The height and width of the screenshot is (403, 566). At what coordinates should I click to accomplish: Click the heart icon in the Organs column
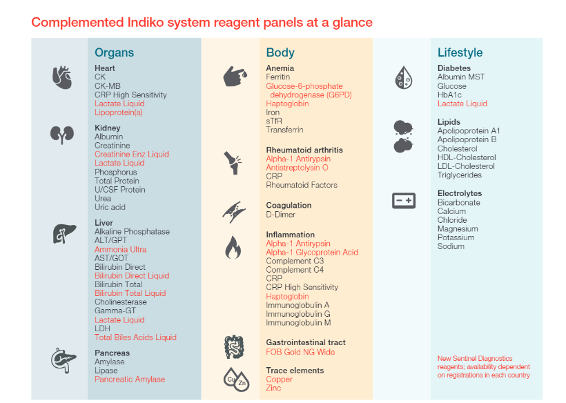(x=62, y=77)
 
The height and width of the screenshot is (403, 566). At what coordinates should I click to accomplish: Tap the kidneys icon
(x=62, y=134)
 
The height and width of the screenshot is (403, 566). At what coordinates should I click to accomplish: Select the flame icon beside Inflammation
(x=233, y=247)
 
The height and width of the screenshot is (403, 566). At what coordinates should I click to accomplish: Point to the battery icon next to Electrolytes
(x=403, y=201)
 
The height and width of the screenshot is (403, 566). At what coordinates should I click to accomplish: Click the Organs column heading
(x=114, y=52)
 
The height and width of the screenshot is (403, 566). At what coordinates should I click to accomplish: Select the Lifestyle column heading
(x=460, y=52)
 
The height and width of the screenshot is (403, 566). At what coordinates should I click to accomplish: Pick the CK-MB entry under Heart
(x=108, y=86)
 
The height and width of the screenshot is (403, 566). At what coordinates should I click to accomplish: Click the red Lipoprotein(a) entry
(x=119, y=112)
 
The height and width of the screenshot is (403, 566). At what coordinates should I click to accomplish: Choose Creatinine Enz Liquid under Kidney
(x=131, y=155)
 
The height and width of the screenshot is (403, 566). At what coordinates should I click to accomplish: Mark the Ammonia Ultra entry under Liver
(x=120, y=249)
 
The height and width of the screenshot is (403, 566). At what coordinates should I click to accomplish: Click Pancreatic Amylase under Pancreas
(x=130, y=380)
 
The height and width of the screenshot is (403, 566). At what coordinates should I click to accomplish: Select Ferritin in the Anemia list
(x=278, y=77)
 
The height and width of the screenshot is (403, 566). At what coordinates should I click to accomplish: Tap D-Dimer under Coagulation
(x=280, y=214)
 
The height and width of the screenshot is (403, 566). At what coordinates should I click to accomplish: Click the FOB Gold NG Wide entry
(x=300, y=351)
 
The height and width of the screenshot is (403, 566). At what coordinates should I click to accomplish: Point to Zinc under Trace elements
(x=273, y=389)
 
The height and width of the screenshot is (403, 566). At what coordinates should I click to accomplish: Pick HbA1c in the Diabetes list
(x=451, y=95)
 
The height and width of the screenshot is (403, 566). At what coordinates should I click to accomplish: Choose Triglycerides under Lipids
(x=460, y=175)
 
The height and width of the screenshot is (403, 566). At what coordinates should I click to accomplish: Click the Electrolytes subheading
(x=460, y=193)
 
